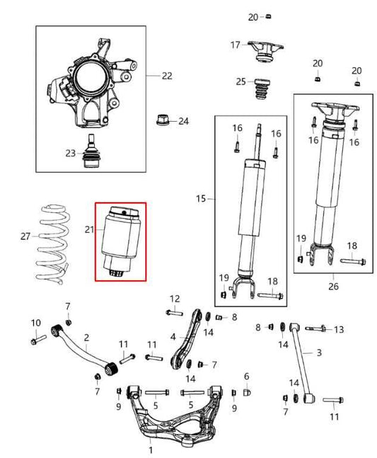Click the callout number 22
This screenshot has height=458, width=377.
(167, 74)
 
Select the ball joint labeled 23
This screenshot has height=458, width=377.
(91, 153)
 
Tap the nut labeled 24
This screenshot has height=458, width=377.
(161, 120)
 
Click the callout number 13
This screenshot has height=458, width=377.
(338, 329)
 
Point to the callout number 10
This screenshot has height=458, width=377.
(36, 324)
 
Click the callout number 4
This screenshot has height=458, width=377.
(173, 336)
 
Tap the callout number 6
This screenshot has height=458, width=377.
(247, 376)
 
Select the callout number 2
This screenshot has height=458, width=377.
(86, 338)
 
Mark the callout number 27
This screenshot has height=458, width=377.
(25, 236)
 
